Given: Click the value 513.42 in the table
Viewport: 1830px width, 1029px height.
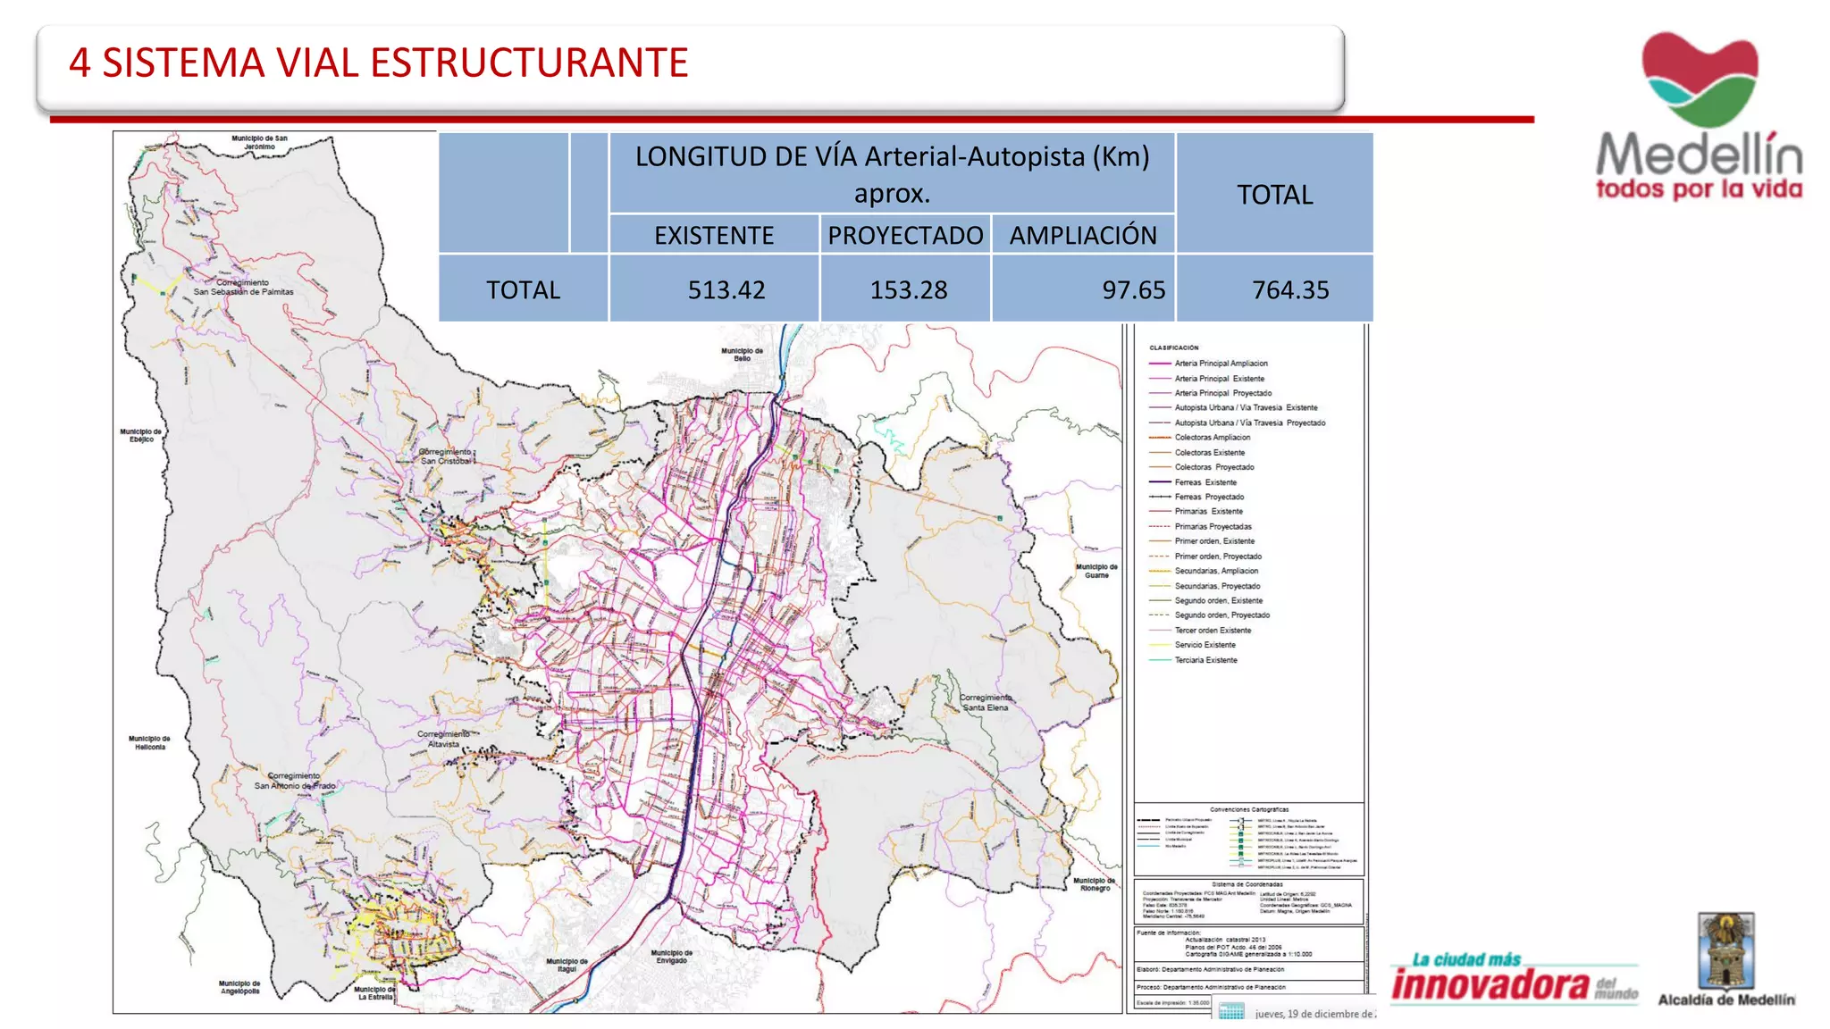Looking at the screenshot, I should tap(726, 290).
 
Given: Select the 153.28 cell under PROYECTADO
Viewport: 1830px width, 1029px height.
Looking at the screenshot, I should tap(909, 290).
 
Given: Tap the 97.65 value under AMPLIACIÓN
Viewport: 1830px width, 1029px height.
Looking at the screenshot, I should tap(1133, 290).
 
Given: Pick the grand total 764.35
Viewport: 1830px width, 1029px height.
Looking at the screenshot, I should tap(1290, 290).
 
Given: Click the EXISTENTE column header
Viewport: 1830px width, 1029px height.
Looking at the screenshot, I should tap(714, 235).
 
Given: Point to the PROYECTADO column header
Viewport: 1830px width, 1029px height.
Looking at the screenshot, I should tap(905, 235).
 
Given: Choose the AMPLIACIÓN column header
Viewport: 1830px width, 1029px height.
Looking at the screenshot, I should tap(1083, 235).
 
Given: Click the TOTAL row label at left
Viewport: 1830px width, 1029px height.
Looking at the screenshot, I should tap(523, 290).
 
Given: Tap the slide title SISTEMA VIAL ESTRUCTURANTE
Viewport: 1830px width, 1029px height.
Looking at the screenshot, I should tap(379, 63).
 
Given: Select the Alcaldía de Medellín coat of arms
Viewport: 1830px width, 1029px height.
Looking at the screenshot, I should tap(1726, 950).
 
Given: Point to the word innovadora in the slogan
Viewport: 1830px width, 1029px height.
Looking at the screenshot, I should tap(1490, 985).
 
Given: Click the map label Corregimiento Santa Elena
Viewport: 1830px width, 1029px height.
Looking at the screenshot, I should tap(986, 703).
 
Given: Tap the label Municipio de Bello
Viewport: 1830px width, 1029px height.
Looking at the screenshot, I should tap(743, 355).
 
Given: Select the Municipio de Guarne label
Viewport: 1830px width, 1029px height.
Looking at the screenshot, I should tap(1096, 571).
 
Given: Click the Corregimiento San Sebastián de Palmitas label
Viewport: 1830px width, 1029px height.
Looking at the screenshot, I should tap(243, 288).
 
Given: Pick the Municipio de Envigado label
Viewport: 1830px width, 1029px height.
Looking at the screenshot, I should tap(671, 957).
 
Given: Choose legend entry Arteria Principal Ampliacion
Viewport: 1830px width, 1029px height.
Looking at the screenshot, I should tap(1221, 364).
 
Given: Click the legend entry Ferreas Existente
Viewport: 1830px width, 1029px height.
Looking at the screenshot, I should tap(1205, 482).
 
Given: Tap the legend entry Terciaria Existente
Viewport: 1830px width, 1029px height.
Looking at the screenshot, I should tap(1205, 660).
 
